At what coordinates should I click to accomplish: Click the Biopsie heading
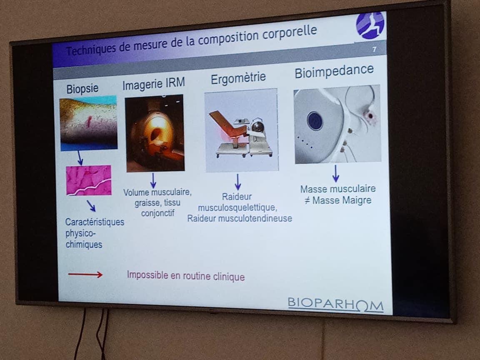click(x=82, y=89)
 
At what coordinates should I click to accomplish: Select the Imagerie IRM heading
click(x=154, y=84)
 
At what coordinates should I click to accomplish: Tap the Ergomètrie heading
click(x=238, y=78)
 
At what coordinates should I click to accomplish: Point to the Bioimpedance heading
click(x=334, y=71)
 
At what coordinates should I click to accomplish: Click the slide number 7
click(x=374, y=49)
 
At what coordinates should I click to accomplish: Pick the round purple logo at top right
click(x=370, y=25)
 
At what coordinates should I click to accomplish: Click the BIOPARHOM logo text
click(x=335, y=305)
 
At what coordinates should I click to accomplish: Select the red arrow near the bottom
click(x=85, y=275)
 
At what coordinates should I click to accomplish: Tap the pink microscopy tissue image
click(x=89, y=180)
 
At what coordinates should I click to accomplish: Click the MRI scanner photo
click(x=155, y=133)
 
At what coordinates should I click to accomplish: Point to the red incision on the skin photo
click(x=90, y=121)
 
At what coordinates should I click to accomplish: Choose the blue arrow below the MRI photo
click(x=153, y=180)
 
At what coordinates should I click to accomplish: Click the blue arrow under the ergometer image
click(x=237, y=182)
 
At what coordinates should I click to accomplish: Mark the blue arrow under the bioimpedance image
click(x=335, y=174)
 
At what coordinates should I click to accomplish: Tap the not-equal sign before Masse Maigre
click(x=307, y=200)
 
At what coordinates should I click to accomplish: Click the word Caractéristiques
click(x=95, y=222)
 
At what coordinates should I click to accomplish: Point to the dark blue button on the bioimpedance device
click(x=315, y=120)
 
